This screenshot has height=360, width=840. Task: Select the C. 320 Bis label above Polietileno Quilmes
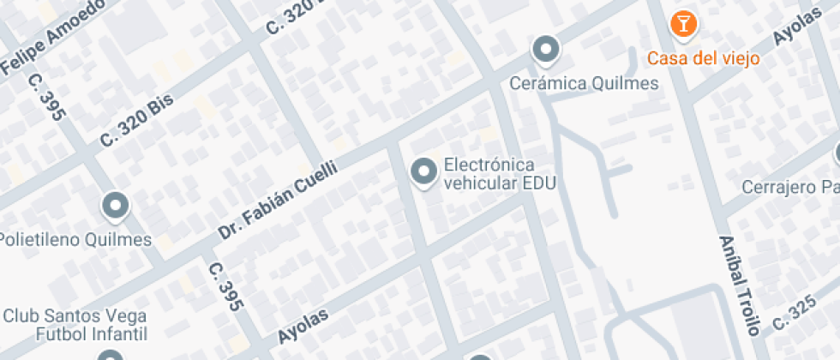pos(137,120)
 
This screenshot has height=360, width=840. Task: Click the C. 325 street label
pos(792,314)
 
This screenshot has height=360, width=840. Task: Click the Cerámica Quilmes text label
pos(584,83)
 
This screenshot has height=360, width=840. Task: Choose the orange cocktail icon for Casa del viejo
pos(683,24)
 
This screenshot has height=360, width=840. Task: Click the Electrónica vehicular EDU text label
pos(499,174)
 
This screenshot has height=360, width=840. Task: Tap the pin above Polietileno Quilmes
pos(115,207)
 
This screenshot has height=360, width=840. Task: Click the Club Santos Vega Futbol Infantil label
pos(75,324)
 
